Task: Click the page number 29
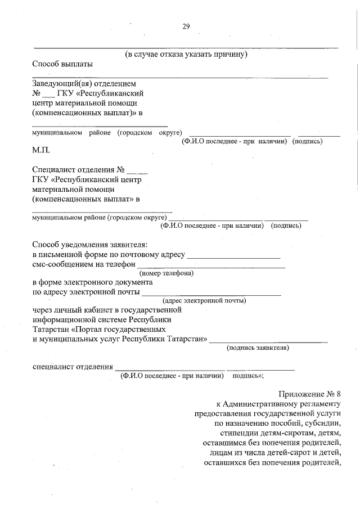click(186, 27)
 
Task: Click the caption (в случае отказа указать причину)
click(186, 55)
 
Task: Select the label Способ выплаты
click(62, 64)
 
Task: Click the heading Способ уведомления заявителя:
click(89, 245)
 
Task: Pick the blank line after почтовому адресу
click(233, 256)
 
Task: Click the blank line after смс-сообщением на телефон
click(211, 266)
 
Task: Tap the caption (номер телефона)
click(166, 273)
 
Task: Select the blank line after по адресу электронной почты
click(211, 294)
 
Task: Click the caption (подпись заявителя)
click(258, 348)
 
